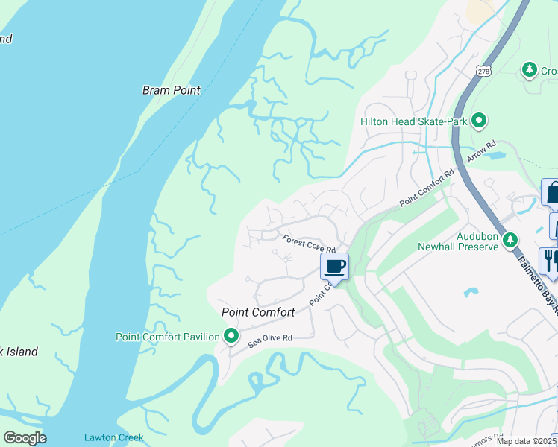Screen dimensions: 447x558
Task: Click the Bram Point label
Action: point(172,90)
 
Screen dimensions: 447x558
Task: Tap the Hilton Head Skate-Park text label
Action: point(413,121)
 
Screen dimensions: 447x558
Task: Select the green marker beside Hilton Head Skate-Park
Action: point(480,120)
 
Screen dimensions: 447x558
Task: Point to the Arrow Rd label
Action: point(480,154)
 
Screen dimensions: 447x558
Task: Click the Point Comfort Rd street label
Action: point(427,189)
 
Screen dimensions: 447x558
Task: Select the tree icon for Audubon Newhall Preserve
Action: point(510,240)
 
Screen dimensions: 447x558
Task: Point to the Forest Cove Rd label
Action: point(309,244)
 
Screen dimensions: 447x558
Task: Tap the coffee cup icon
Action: point(334,266)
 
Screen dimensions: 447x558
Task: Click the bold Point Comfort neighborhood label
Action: point(257,312)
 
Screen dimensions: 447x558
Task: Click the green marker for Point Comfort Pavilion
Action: point(231,337)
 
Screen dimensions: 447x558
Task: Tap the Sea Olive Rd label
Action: point(270,338)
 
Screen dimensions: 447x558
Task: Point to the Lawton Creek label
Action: point(113,437)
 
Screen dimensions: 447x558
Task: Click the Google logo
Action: point(24,438)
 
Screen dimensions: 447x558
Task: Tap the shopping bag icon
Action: point(553,192)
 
